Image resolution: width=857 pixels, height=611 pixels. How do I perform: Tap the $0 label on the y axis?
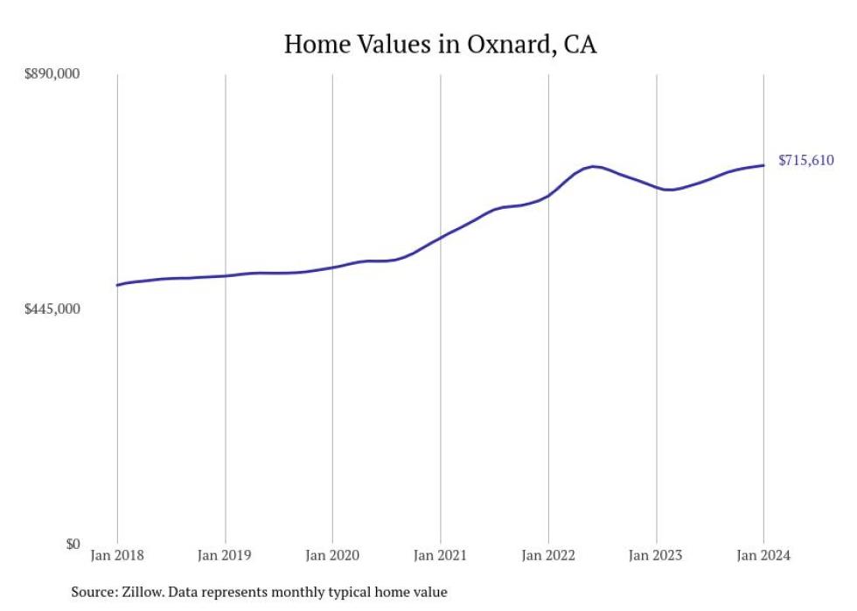(x=72, y=544)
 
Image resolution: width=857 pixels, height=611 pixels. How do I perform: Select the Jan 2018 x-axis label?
(x=117, y=556)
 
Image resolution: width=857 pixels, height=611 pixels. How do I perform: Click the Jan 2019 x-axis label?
(x=225, y=556)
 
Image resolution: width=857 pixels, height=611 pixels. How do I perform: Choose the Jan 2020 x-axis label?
(x=332, y=556)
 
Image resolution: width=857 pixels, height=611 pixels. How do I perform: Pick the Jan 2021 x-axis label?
(x=440, y=556)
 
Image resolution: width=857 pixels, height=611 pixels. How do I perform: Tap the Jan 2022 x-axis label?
(x=548, y=556)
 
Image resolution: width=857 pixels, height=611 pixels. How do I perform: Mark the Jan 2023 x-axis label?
(x=656, y=556)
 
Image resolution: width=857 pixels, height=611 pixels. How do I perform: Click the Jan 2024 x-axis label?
(x=763, y=556)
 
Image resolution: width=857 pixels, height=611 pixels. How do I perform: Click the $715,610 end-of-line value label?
(x=805, y=161)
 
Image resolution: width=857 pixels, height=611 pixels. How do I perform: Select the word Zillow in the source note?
(x=144, y=592)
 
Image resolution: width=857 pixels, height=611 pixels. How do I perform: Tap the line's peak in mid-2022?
(x=594, y=166)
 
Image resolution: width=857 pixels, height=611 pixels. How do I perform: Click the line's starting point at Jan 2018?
(x=117, y=285)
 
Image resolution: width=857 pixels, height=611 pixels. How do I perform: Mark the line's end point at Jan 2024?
(x=763, y=165)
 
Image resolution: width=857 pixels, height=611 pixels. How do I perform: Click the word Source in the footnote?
(x=94, y=592)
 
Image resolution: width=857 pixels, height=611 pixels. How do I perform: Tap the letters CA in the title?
(x=580, y=45)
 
